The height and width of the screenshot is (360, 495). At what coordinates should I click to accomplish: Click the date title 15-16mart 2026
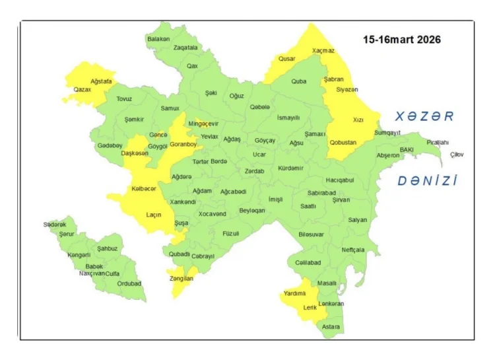pos(401,40)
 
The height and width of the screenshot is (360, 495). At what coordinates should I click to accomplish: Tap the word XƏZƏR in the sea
pos(424,116)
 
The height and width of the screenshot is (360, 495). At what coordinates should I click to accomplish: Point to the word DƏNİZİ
pos(427,180)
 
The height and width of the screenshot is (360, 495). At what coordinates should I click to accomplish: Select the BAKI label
pos(406,150)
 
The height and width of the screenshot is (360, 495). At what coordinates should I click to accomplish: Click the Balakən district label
pos(158,39)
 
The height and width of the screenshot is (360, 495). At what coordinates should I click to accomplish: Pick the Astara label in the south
pos(331,326)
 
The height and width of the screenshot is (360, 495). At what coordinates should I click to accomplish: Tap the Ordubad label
pos(129,283)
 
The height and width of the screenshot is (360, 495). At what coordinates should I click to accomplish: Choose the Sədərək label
pos(55,225)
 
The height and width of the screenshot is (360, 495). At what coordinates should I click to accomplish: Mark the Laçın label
pos(154,214)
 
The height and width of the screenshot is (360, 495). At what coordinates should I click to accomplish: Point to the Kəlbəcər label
pos(144,188)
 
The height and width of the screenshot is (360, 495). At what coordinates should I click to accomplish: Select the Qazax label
pos(82,89)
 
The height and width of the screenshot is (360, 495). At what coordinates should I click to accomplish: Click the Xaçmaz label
pos(323,50)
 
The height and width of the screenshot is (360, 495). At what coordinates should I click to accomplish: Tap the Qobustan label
pos(343,142)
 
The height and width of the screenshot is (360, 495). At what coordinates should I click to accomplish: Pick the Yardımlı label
pos(295,293)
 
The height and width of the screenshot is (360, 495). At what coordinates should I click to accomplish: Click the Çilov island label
pos(457,155)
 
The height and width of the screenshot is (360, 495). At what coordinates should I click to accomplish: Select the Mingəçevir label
pos(203,124)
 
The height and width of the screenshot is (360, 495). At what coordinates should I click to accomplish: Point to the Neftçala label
pos(353,250)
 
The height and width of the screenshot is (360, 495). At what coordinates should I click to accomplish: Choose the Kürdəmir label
pos(291,168)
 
